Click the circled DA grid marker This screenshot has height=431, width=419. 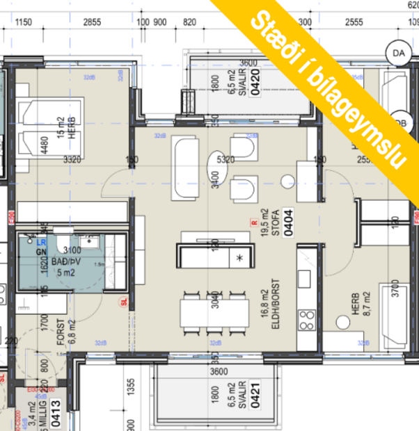tap(398, 53)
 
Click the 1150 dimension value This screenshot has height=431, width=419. tap(24, 22)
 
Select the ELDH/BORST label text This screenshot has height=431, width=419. tap(274, 302)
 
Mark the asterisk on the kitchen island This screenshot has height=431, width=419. tap(240, 259)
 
